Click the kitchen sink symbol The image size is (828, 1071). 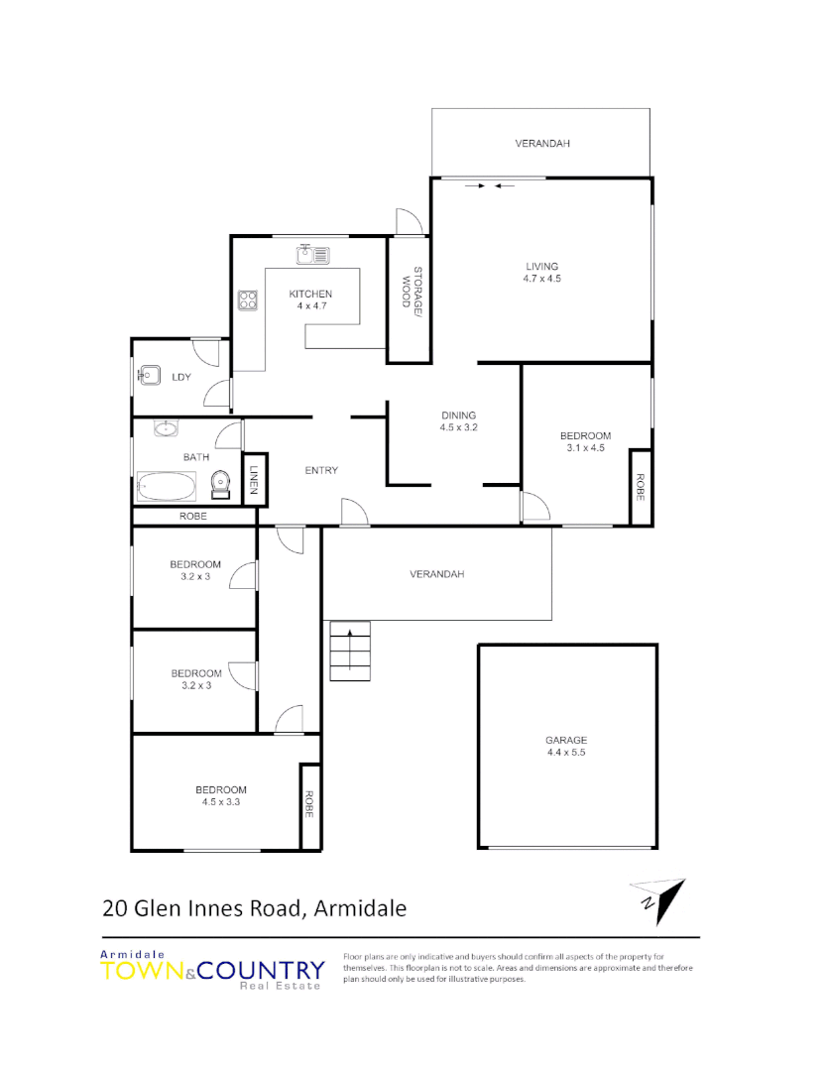click(313, 255)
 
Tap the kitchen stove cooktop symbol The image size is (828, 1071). click(247, 298)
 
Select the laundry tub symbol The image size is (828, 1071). click(150, 376)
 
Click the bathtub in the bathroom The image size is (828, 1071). click(167, 487)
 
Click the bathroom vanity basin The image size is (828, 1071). click(165, 430)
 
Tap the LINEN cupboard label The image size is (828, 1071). click(254, 479)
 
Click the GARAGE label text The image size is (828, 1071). click(566, 740)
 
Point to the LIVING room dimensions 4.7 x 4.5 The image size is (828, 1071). click(542, 279)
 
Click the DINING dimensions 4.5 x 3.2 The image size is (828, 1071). click(459, 428)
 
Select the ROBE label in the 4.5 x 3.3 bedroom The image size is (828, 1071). click(309, 805)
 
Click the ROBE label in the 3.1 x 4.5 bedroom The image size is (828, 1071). click(640, 486)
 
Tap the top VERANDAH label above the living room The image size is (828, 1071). click(542, 144)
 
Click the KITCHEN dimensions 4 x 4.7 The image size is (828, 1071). click(310, 306)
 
